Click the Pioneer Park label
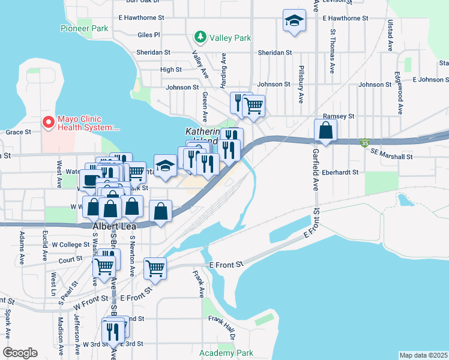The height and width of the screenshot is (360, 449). click(x=84, y=28)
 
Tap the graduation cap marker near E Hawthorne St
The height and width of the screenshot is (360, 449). click(x=294, y=22)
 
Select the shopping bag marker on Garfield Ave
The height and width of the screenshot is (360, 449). click(x=325, y=130)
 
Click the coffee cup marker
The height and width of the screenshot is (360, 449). click(x=91, y=180)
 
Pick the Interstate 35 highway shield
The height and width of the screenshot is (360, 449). click(x=364, y=143)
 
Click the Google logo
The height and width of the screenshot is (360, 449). click(x=20, y=352)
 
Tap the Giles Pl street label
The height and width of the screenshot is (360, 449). click(x=148, y=35)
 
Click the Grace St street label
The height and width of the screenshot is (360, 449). click(x=17, y=132)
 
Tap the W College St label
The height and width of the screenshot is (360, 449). click(x=71, y=245)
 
